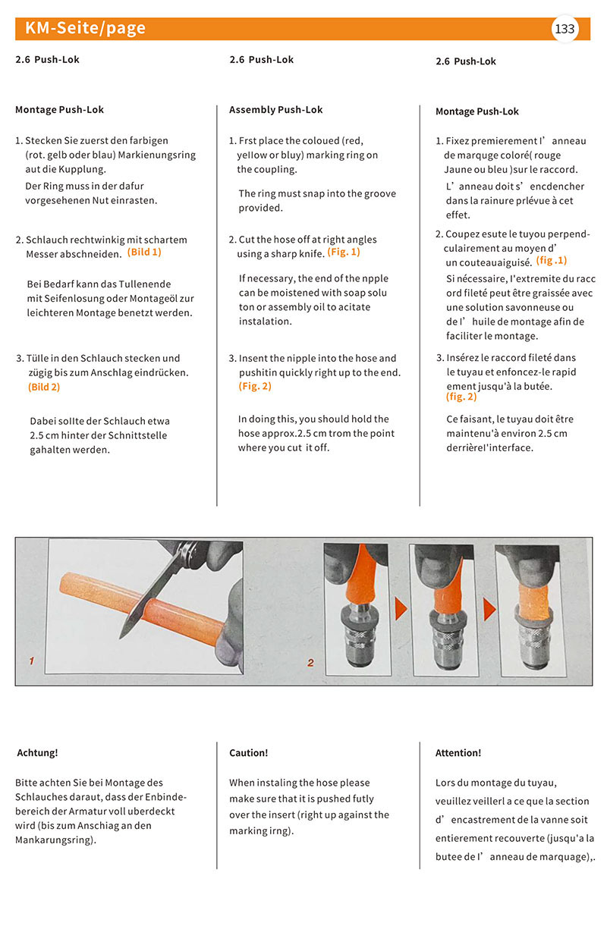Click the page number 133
[x=565, y=30]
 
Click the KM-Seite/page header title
[x=85, y=29]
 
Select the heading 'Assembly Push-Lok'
[x=275, y=110]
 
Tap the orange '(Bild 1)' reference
[x=144, y=252]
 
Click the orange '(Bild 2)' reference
[x=44, y=387]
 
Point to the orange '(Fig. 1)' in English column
[x=344, y=252]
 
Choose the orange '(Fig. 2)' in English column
[x=255, y=386]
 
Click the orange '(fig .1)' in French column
[x=552, y=260]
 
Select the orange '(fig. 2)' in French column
[x=461, y=397]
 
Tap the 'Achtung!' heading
[x=37, y=753]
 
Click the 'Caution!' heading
[x=248, y=753]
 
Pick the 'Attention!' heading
[x=458, y=753]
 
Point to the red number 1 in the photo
[x=31, y=661]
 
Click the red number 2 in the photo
[x=310, y=663]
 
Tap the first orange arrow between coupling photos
[x=400, y=607]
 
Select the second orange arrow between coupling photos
[x=489, y=607]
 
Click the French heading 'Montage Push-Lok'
[x=476, y=111]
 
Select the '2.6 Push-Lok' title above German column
[x=47, y=59]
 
